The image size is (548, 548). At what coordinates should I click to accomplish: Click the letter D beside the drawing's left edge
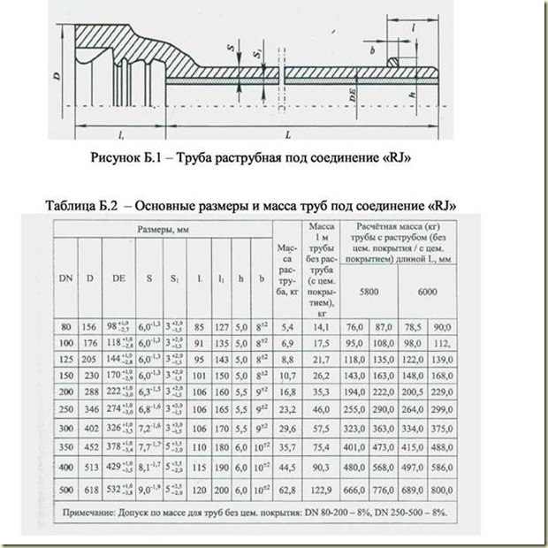(x=56, y=78)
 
